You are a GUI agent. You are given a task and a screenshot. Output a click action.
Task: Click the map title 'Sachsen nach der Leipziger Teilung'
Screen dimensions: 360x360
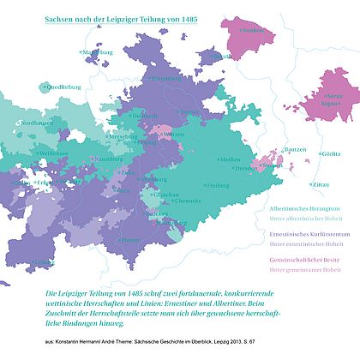[119, 17]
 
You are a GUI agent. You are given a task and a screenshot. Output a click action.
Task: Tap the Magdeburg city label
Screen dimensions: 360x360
[98, 52]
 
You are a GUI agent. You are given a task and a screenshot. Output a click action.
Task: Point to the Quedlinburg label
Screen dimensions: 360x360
[64, 87]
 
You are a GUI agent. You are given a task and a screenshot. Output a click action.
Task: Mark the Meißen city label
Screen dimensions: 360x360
[230, 160]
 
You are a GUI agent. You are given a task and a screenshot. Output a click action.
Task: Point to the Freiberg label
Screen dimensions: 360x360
[217, 186]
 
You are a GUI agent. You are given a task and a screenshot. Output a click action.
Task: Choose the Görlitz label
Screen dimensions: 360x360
[330, 154]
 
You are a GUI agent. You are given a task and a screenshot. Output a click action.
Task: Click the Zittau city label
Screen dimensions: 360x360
[321, 184]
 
